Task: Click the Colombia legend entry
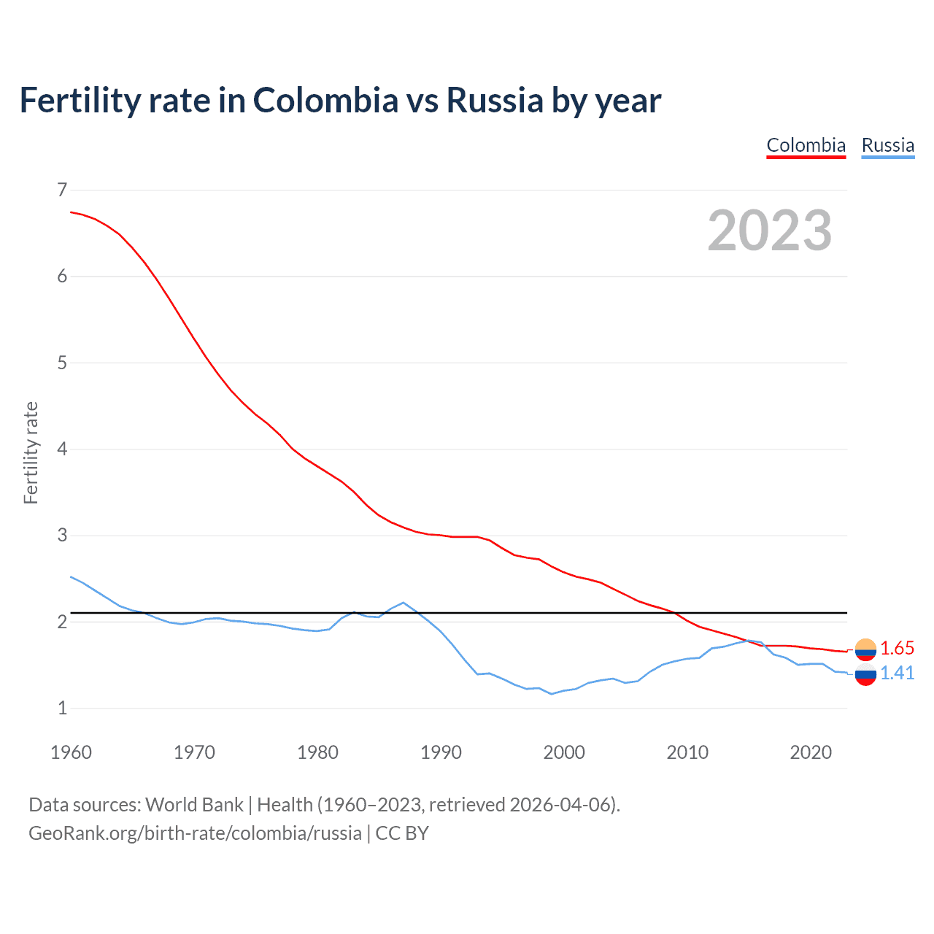[x=806, y=145]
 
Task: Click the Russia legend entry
[x=887, y=145]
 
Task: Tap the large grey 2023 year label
[x=770, y=231]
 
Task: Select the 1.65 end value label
[x=897, y=648]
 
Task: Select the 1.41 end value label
[x=897, y=673]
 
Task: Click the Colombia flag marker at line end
[x=865, y=649]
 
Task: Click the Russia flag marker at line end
[x=865, y=676]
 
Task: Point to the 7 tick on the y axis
[x=62, y=190]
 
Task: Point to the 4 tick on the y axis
[x=62, y=449]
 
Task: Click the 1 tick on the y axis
[x=62, y=708]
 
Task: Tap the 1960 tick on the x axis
[x=71, y=752]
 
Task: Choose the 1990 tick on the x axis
[x=441, y=752]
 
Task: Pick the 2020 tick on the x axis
[x=811, y=752]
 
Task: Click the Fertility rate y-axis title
[x=31, y=452]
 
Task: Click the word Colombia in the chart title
[x=325, y=100]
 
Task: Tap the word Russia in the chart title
[x=495, y=100]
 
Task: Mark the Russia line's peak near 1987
[x=404, y=603]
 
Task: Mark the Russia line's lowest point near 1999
[x=552, y=694]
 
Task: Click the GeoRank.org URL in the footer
[x=195, y=833]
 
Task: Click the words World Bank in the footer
[x=194, y=805]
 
